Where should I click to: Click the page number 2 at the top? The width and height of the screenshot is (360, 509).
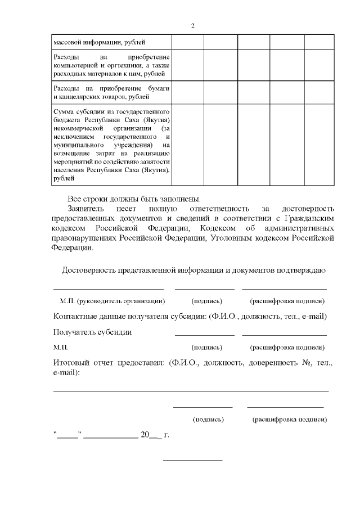(192, 26)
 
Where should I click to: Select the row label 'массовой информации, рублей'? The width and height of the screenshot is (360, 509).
(99, 42)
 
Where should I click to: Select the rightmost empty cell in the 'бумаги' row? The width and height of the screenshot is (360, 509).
(319, 92)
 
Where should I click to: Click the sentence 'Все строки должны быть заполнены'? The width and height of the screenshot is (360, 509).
(134, 199)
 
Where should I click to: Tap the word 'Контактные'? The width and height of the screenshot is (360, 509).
(79, 316)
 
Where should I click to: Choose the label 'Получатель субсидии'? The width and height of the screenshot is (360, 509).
(92, 332)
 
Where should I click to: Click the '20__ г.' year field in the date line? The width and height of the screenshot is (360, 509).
(155, 435)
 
